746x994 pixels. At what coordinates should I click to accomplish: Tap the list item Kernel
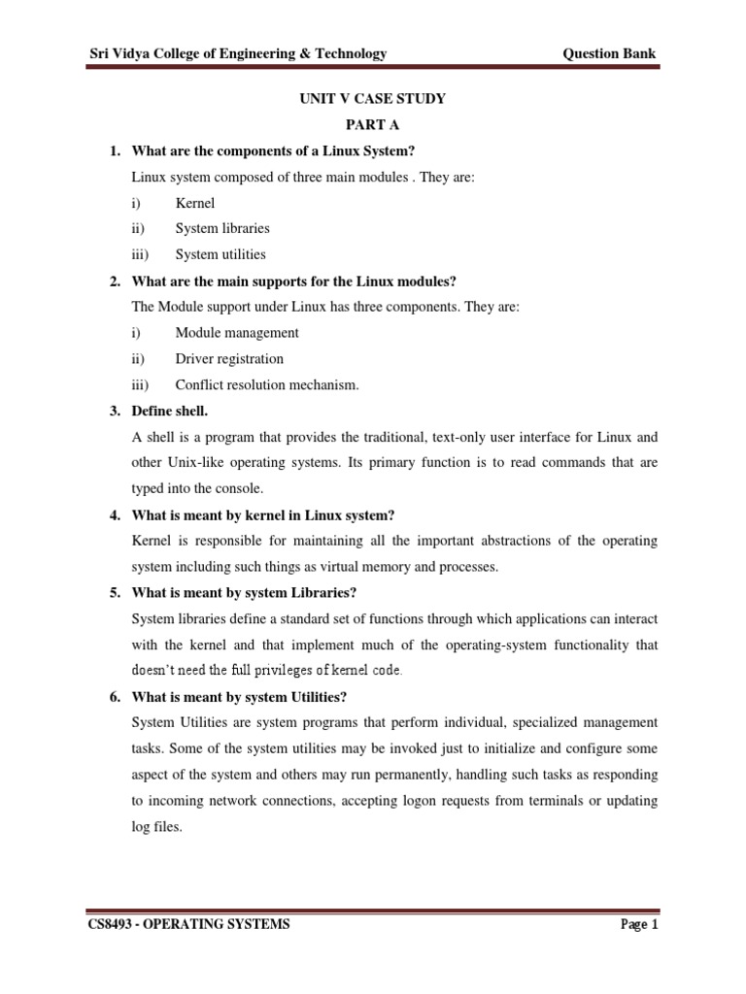(195, 203)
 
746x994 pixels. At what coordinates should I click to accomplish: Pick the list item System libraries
(222, 229)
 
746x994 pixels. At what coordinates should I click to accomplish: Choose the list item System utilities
(220, 255)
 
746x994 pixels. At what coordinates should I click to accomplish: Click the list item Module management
(237, 333)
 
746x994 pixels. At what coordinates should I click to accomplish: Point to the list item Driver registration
(229, 359)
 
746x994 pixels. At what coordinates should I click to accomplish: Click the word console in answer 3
(239, 488)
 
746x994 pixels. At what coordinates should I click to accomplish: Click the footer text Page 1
(639, 925)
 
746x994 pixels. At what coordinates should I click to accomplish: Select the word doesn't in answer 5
(153, 670)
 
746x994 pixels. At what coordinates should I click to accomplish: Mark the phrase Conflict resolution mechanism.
(267, 385)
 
